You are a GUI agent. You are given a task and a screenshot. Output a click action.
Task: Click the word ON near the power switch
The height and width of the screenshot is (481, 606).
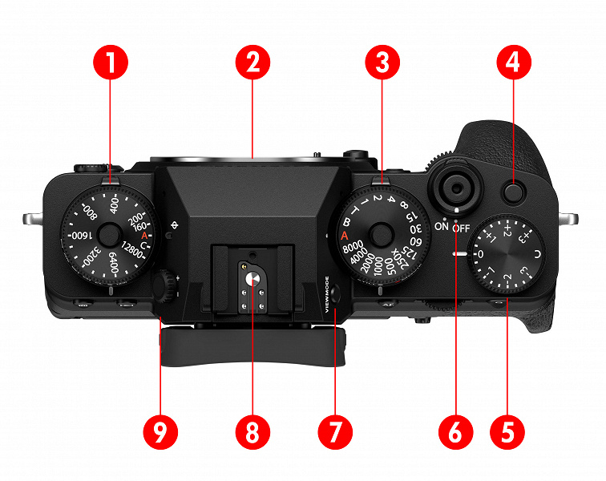point(442,227)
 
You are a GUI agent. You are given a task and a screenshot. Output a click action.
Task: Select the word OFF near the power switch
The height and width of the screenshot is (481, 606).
point(460,228)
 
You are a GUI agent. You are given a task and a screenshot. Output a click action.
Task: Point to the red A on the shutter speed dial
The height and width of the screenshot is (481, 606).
point(344,236)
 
